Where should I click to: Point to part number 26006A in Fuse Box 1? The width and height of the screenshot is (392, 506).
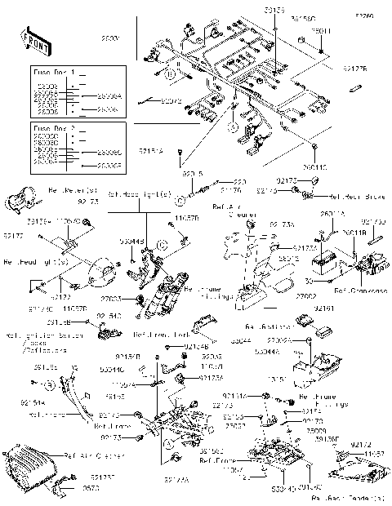pos(108,96)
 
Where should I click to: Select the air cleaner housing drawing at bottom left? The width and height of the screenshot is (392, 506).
pos(31,468)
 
